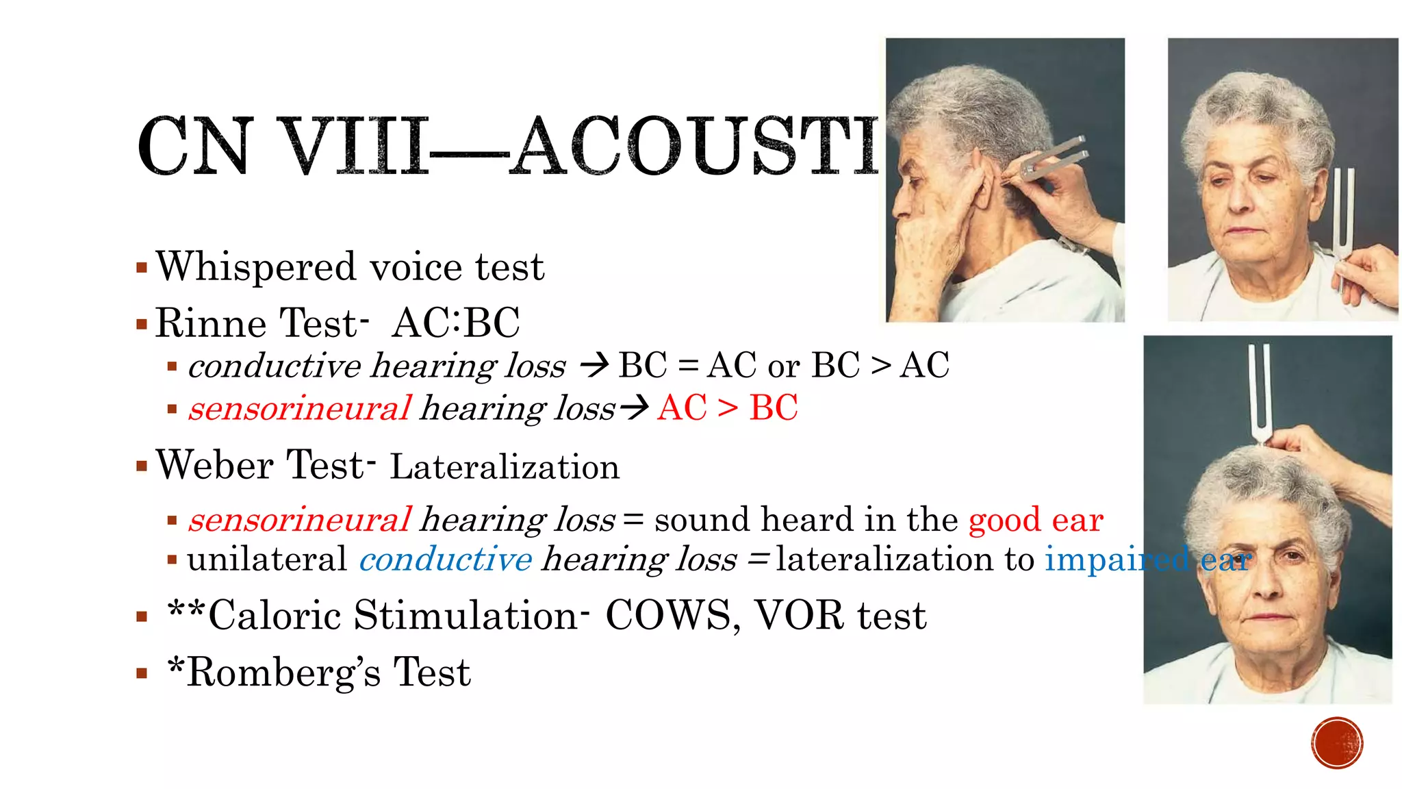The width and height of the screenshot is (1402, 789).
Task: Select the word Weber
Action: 215,465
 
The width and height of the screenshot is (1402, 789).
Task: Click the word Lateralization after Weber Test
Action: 505,467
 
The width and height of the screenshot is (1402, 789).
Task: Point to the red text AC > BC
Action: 728,408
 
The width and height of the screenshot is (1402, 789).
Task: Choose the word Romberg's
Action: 284,672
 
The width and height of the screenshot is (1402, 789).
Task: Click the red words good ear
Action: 1035,520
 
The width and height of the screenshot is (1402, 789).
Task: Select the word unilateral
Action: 267,559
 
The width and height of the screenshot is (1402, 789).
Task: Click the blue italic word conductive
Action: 446,559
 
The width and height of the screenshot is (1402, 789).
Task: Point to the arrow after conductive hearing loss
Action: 594,365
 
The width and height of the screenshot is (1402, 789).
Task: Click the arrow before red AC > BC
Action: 634,408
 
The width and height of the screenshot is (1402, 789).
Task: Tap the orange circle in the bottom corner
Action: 1337,743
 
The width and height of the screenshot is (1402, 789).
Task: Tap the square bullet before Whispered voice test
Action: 142,267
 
